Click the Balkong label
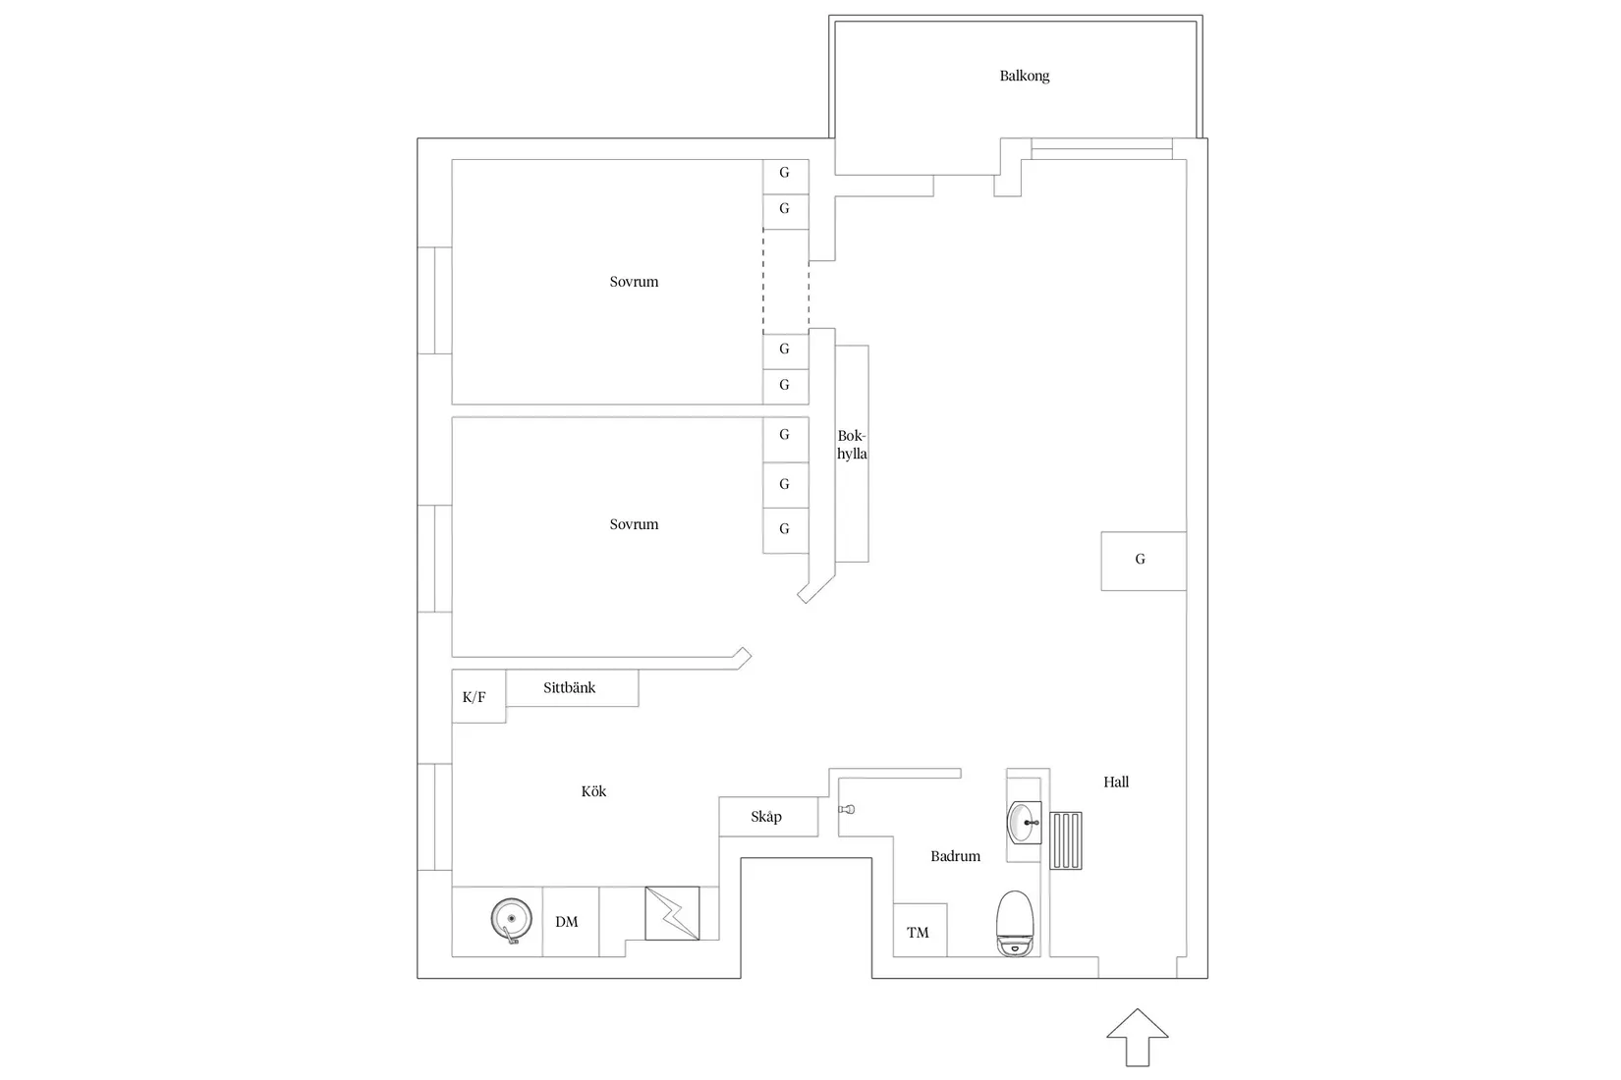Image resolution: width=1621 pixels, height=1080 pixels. [1024, 76]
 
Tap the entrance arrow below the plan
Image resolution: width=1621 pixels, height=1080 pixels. [1137, 1037]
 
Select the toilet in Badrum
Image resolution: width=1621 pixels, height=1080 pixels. [1015, 923]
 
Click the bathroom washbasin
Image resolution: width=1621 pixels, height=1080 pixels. [1025, 821]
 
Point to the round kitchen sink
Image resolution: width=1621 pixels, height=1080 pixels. [511, 920]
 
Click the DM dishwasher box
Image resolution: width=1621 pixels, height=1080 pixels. [568, 921]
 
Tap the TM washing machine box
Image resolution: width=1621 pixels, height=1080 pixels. [919, 931]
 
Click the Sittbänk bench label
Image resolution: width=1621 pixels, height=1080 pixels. [570, 687]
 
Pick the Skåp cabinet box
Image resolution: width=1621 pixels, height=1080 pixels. [767, 817]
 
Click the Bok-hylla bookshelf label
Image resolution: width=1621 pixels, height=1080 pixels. [852, 445]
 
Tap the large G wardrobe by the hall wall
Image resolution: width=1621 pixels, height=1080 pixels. [1142, 560]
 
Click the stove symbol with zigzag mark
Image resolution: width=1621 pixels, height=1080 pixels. [672, 914]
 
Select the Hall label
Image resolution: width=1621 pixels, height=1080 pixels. [1115, 782]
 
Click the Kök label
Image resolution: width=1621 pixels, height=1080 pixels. [593, 790]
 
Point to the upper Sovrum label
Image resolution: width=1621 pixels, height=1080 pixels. [634, 282]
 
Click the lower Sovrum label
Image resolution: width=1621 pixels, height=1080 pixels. [634, 524]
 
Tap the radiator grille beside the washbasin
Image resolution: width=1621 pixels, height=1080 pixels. [1066, 840]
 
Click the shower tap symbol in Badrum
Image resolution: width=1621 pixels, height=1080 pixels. [847, 809]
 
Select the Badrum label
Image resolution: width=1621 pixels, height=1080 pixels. [955, 856]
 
